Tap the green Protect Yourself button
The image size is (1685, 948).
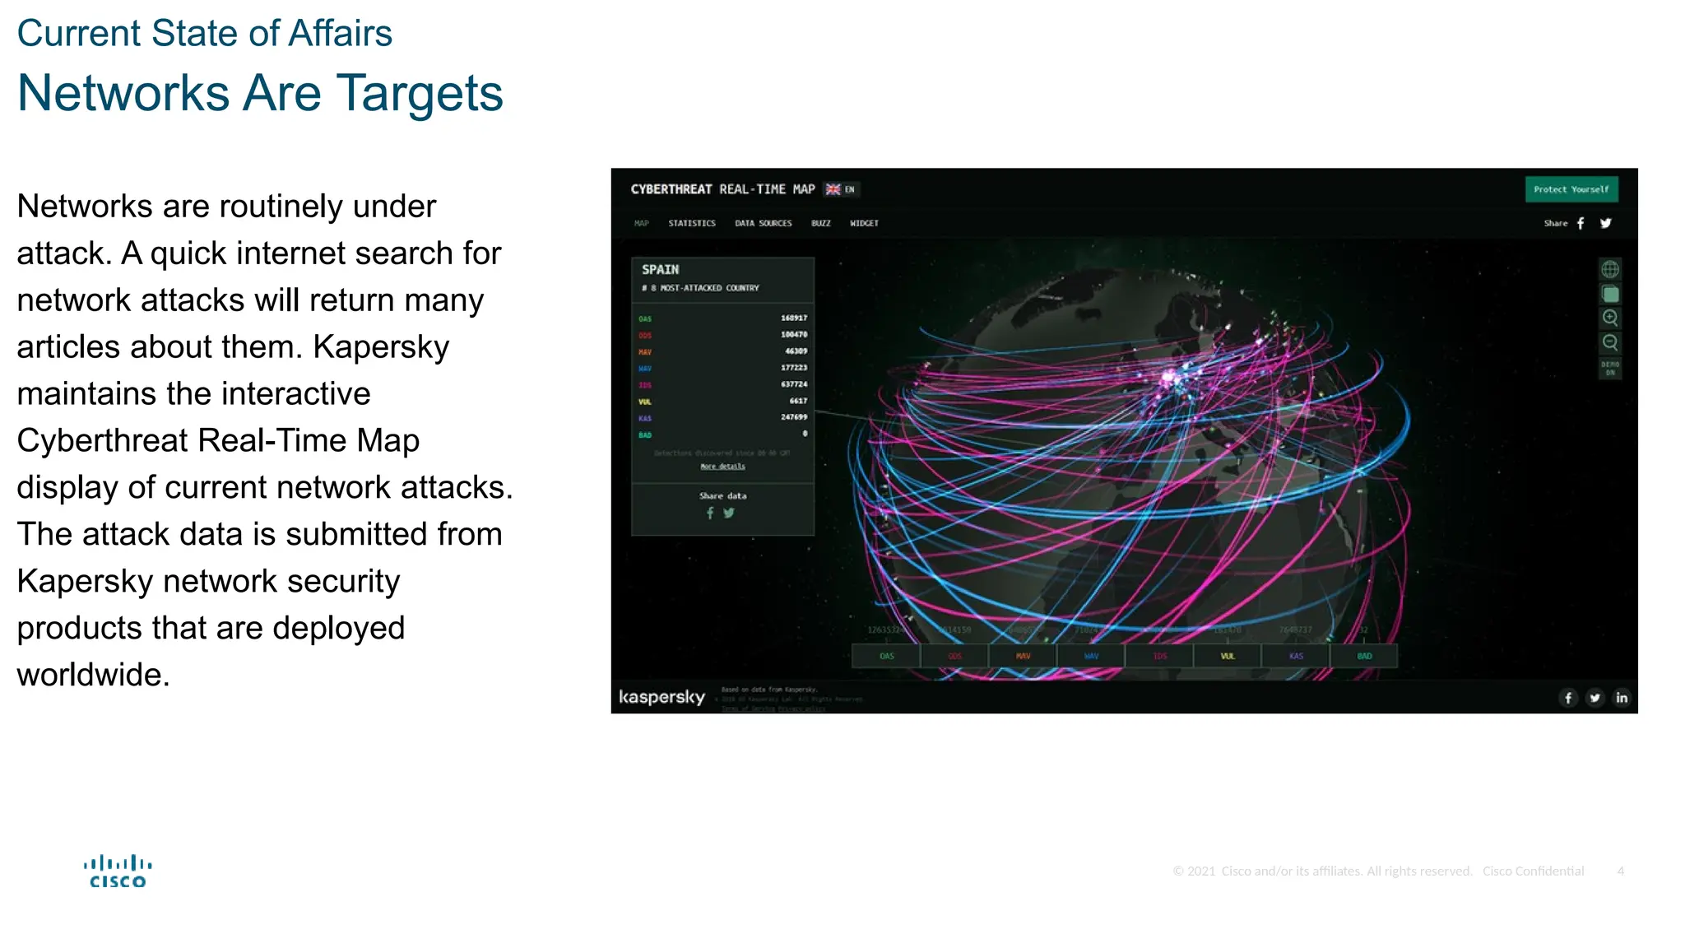tap(1571, 189)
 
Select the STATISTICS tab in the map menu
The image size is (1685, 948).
tap(692, 223)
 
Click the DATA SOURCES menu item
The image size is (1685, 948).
tap(764, 223)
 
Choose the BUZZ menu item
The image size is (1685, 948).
tap(821, 223)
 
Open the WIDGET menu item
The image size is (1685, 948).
tap(864, 223)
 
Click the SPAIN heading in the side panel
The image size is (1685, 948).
tap(661, 269)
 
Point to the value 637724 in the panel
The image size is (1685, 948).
tap(794, 384)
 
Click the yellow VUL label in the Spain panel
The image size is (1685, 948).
tap(645, 402)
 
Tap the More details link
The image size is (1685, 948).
tap(723, 467)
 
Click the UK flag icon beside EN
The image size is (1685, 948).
tap(833, 189)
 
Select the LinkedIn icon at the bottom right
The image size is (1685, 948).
tap(1622, 698)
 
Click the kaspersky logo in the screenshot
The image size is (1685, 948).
tap(662, 697)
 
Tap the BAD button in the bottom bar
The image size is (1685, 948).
tap(1364, 656)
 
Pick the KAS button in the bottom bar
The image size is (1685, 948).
tap(1296, 656)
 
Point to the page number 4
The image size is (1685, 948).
tap(1620, 871)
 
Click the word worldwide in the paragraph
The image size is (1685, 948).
tap(93, 675)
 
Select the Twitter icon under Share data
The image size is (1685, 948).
tap(729, 513)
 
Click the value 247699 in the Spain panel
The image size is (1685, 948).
tap(794, 417)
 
